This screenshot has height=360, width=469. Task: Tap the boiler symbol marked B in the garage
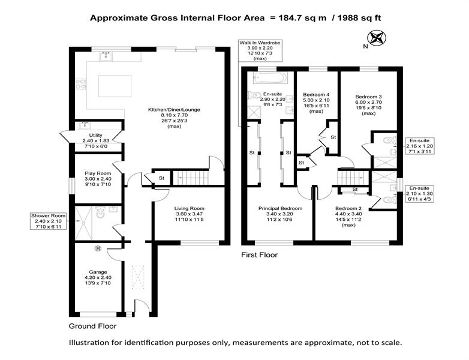click(x=98, y=248)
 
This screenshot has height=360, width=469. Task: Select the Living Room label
click(x=189, y=214)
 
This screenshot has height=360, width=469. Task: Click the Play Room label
click(x=98, y=179)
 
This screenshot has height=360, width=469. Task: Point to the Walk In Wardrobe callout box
click(x=260, y=50)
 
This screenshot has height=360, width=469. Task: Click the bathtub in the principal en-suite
click(x=270, y=78)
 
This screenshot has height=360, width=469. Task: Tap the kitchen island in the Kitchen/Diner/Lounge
click(x=115, y=86)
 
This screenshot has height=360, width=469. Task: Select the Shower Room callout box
click(x=49, y=221)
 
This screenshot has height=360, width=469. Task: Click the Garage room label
click(x=98, y=277)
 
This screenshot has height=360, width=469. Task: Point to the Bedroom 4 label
click(x=316, y=103)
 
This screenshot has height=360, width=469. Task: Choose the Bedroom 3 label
click(x=368, y=105)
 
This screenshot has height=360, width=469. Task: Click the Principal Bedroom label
click(x=280, y=214)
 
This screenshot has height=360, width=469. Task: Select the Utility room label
click(x=96, y=140)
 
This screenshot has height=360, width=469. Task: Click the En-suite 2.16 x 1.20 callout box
click(x=419, y=146)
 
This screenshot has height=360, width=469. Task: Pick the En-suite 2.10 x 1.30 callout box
click(x=419, y=193)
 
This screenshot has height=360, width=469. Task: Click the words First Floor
click(x=259, y=255)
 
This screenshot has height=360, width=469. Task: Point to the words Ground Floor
click(x=92, y=326)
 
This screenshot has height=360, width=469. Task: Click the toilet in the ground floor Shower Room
click(x=100, y=212)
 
